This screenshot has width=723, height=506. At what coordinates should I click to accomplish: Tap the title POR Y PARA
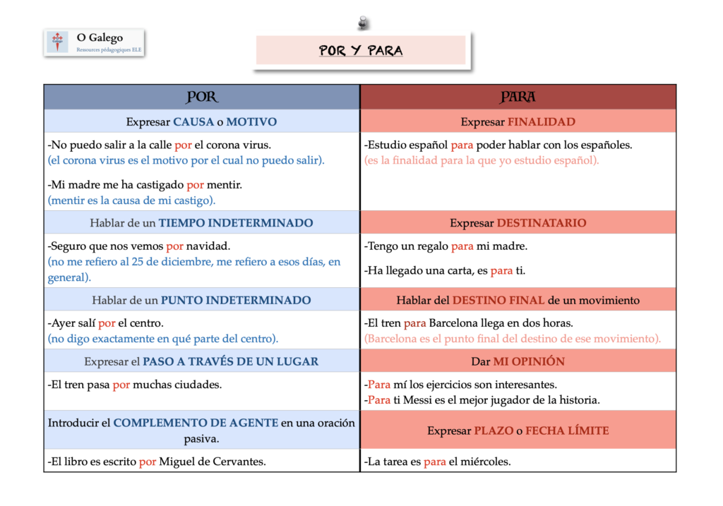point(361,51)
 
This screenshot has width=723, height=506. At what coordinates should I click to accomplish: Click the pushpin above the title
point(363,23)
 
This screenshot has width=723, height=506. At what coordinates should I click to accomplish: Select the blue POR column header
point(202,97)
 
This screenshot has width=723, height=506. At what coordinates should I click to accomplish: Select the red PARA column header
point(518,97)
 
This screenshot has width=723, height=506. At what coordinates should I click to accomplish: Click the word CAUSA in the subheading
point(193,121)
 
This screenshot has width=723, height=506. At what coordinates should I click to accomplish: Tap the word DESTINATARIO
point(542,222)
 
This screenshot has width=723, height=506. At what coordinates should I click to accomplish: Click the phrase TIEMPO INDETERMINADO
point(236,222)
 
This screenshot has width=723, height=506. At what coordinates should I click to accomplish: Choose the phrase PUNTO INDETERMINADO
point(236,300)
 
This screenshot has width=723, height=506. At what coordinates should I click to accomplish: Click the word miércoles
point(486,462)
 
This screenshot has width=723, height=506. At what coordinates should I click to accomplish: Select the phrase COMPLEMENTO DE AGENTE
point(196,423)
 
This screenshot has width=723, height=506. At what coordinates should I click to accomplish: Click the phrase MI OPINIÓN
point(529,361)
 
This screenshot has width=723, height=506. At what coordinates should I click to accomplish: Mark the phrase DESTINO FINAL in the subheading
point(498,300)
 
